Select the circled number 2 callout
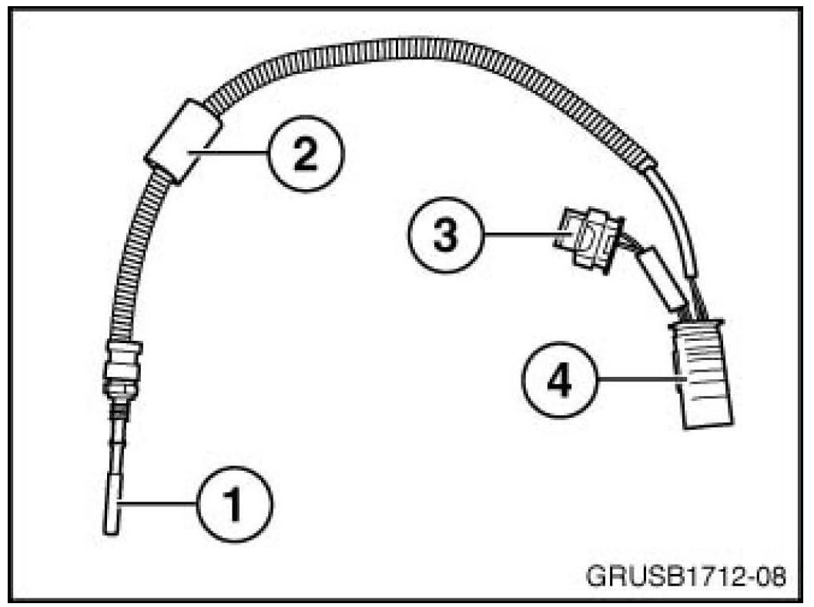[x=305, y=155]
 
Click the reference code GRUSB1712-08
[x=685, y=576]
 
